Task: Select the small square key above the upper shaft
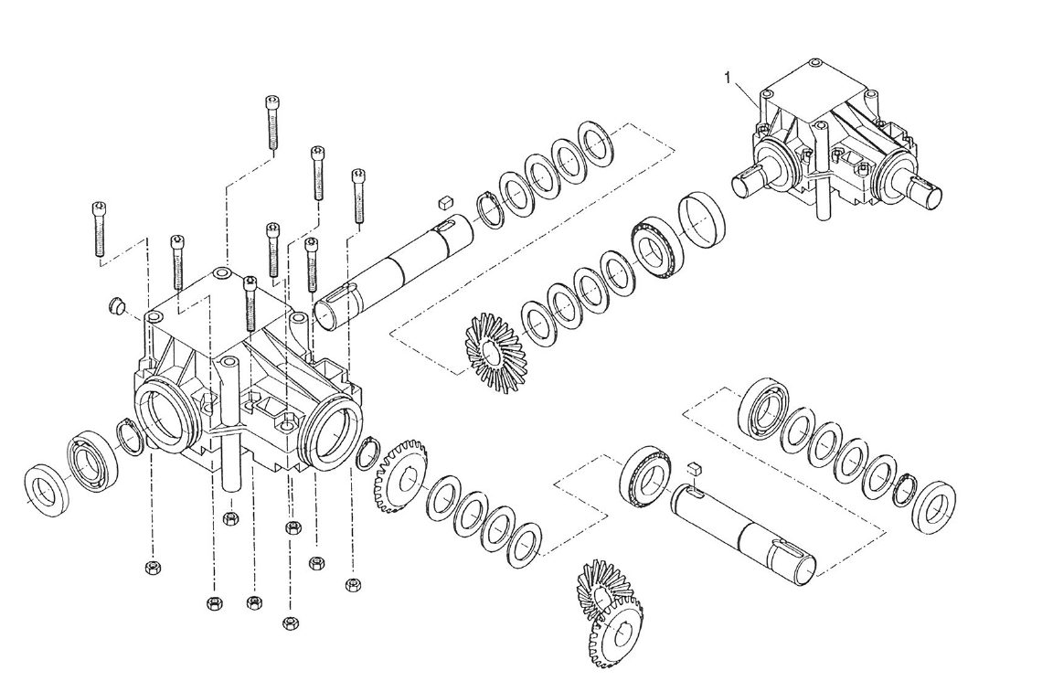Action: (x=446, y=198)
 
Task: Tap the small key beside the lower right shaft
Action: (x=692, y=466)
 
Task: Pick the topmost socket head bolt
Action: (x=272, y=122)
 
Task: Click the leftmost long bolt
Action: (x=99, y=229)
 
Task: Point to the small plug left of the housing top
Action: (x=115, y=304)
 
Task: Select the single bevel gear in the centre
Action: (x=492, y=351)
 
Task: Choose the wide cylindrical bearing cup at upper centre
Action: (x=701, y=220)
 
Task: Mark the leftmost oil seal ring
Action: (x=43, y=485)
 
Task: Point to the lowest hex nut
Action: (x=291, y=623)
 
